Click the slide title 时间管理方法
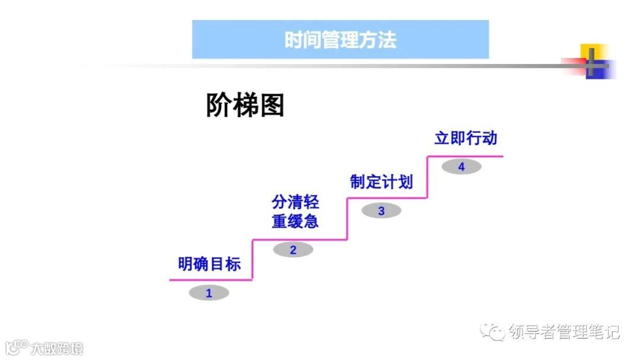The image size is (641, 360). (x=340, y=40)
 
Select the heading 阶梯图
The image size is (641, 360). (x=245, y=106)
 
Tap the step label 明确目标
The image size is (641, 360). (x=210, y=264)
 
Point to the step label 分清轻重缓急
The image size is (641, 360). (x=295, y=212)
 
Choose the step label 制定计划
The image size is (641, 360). (x=381, y=182)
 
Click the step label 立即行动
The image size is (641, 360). (x=465, y=139)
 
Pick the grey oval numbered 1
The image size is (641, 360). (x=208, y=293)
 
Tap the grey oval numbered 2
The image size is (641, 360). (x=293, y=250)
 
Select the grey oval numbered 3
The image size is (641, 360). (x=381, y=211)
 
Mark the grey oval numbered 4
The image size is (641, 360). (x=461, y=167)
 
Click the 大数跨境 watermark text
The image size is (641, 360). (x=58, y=348)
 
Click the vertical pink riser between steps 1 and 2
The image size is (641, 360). (x=253, y=260)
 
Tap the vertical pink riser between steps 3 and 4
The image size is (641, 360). (x=427, y=177)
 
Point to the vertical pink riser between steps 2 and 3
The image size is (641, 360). (x=347, y=219)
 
